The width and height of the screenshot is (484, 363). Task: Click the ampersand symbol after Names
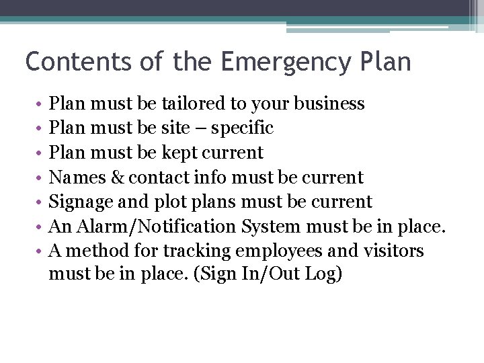coord(117,177)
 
